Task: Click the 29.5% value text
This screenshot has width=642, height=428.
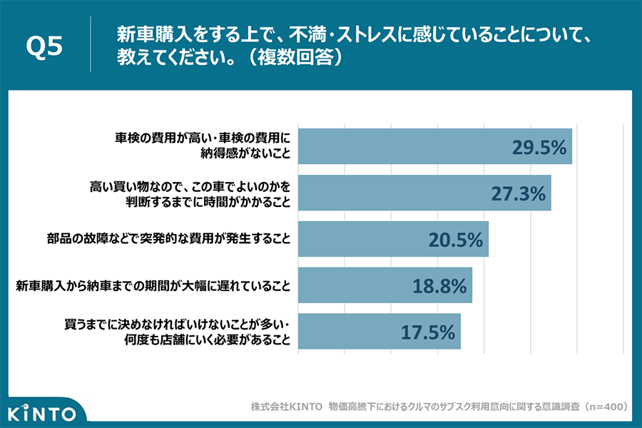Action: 539,147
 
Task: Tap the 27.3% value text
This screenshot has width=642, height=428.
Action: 518,193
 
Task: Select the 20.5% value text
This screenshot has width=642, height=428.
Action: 456,240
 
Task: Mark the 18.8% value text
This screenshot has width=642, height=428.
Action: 439,286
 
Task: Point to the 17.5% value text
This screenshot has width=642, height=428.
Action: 427,332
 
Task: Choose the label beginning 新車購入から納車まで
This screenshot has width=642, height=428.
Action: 153,286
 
